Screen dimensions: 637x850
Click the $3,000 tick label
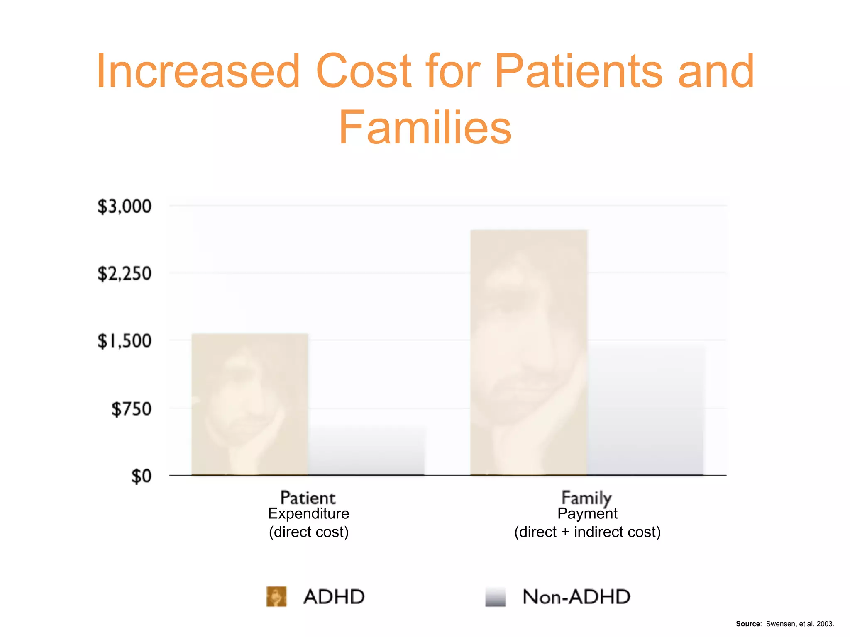tap(124, 206)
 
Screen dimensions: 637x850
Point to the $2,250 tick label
tap(124, 274)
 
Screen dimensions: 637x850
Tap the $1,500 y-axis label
tap(124, 341)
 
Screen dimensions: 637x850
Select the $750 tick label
tap(131, 409)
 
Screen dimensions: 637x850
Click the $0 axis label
tap(141, 476)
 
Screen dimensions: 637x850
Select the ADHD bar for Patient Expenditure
tap(250, 404)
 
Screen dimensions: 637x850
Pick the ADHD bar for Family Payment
tap(529, 353)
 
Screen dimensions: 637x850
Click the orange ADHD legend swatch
tap(276, 596)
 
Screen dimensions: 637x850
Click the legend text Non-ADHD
tap(576, 597)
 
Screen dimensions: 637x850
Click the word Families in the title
tap(425, 128)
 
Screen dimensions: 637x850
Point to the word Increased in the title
tap(198, 71)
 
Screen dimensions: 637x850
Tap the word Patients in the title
tap(579, 71)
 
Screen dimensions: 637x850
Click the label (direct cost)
tap(309, 532)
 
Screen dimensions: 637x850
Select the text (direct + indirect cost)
tap(587, 532)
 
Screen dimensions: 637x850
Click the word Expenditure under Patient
tap(309, 513)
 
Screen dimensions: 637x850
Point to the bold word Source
tap(748, 624)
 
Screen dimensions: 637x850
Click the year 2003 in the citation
tap(825, 624)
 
